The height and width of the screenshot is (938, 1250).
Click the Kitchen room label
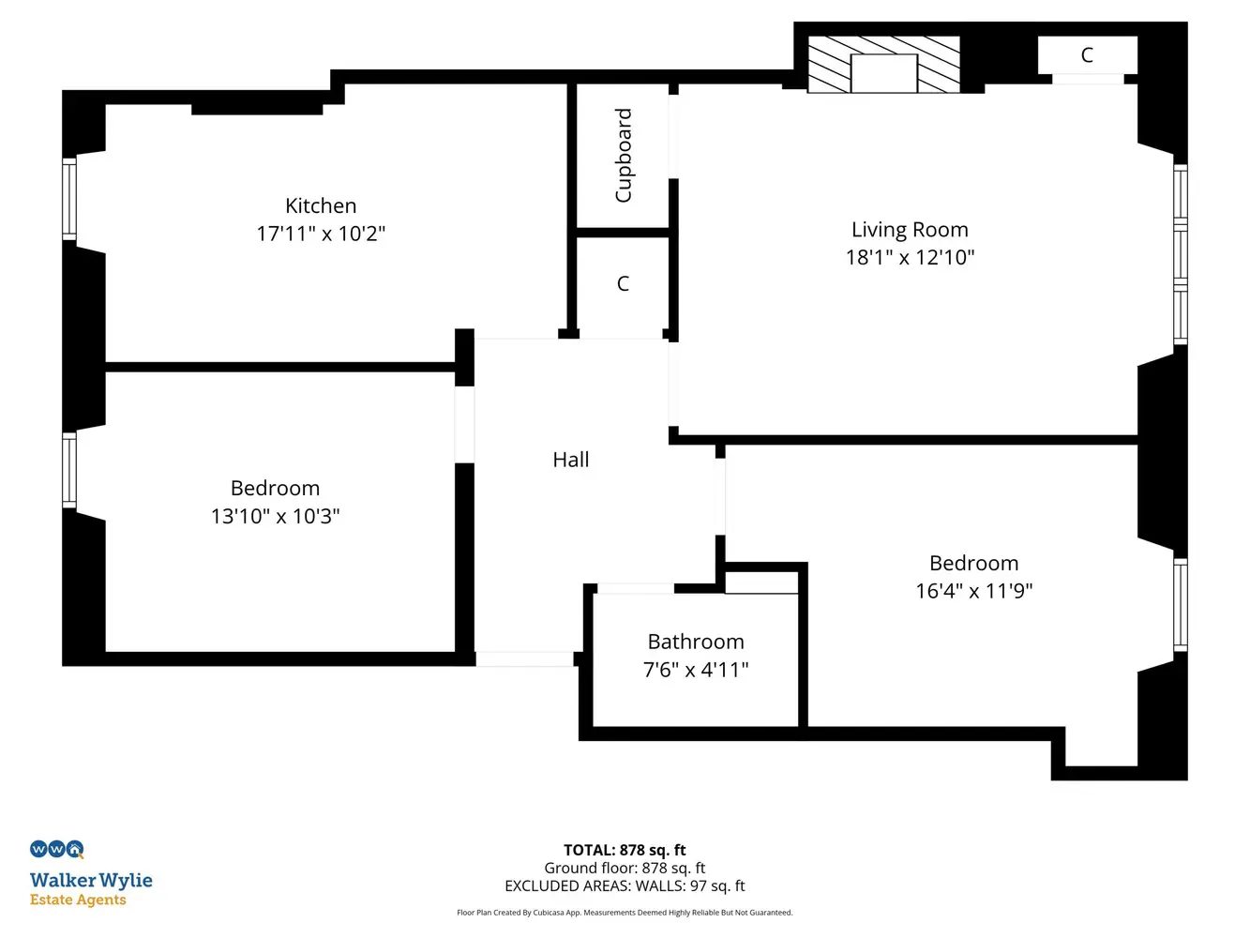[x=321, y=205]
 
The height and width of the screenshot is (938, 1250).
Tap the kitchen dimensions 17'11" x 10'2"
[x=321, y=234]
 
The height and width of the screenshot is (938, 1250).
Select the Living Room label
[x=910, y=230]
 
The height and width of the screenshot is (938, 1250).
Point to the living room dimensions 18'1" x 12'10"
[x=910, y=257]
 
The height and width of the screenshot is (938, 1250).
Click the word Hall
[x=571, y=460]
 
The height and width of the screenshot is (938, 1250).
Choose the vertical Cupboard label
[x=624, y=155]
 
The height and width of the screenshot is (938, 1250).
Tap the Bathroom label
[x=696, y=642]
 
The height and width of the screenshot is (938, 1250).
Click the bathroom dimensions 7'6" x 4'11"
[x=696, y=670]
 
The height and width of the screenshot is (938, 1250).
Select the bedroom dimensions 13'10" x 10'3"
[x=275, y=516]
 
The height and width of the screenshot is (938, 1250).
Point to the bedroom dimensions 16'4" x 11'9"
[x=973, y=591]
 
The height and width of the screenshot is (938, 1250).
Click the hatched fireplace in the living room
[x=884, y=65]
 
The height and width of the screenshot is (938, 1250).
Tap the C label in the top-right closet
[x=1087, y=55]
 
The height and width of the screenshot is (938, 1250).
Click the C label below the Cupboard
[x=623, y=283]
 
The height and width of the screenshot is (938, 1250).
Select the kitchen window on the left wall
[x=68, y=199]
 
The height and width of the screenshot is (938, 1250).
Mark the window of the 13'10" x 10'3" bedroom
[x=68, y=470]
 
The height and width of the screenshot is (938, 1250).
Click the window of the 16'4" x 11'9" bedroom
[x=1181, y=605]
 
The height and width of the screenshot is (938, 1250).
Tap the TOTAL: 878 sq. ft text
[x=625, y=850]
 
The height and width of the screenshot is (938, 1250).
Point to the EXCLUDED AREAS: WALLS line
[x=625, y=885]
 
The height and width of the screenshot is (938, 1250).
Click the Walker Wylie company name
[x=91, y=881]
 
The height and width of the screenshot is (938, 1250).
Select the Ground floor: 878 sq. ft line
[x=625, y=868]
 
